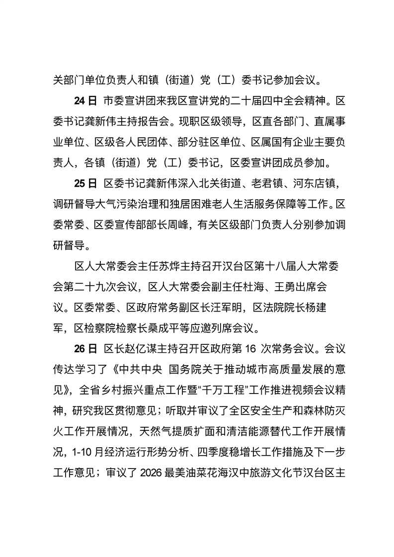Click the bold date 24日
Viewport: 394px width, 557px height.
85,102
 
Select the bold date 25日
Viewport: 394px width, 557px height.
85,184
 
